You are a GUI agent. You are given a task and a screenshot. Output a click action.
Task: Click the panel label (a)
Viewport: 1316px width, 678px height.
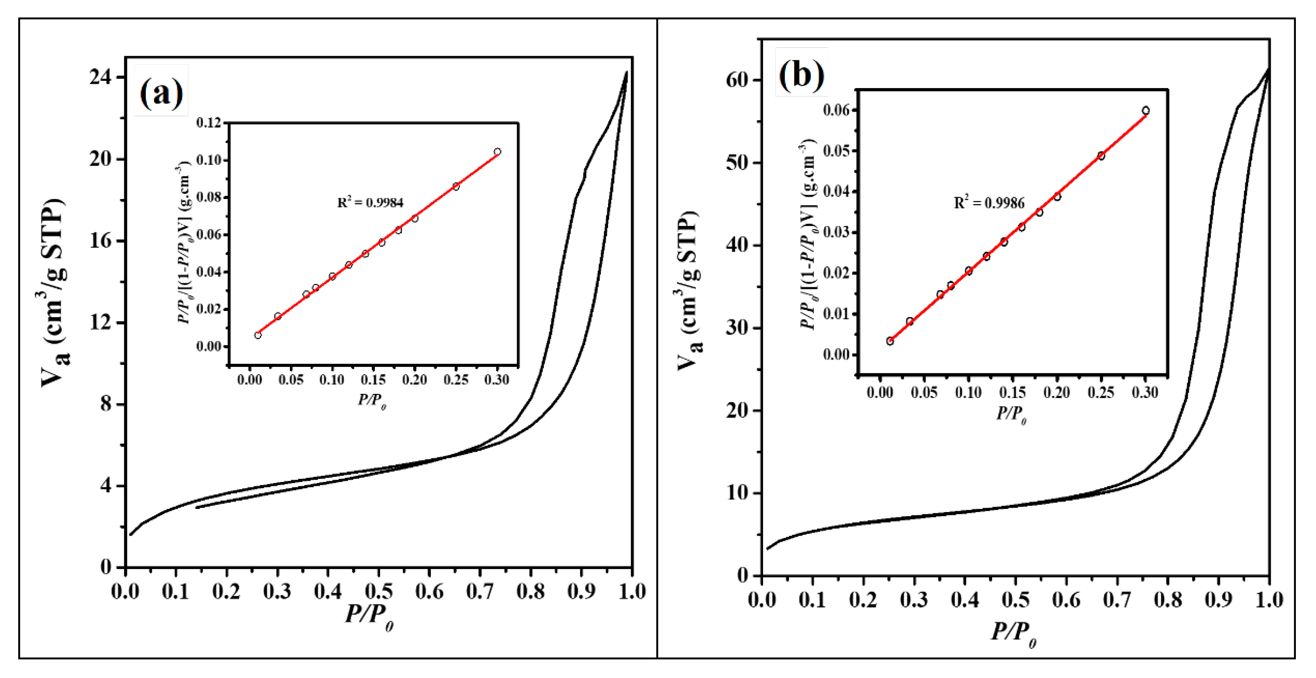tap(161, 92)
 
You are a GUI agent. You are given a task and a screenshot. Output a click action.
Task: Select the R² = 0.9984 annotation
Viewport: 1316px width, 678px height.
tap(370, 202)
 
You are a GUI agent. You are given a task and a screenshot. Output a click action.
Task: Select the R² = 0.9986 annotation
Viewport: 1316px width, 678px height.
tap(989, 202)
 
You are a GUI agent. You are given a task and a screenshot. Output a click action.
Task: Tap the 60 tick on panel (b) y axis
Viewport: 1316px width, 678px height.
tap(737, 80)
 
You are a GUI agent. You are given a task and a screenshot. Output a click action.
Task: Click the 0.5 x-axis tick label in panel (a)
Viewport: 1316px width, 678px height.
tap(379, 592)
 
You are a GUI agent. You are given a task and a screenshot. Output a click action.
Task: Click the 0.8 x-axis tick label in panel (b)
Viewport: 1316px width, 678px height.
tap(1168, 599)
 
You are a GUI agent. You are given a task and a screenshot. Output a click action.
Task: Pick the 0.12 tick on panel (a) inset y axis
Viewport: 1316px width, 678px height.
tap(209, 123)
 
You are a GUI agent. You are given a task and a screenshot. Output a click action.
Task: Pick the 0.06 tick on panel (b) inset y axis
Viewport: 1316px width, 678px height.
tap(836, 110)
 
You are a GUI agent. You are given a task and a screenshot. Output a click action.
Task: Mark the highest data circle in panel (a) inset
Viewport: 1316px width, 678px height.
tap(497, 152)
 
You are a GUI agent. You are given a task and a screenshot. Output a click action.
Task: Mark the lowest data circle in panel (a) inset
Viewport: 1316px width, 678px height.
tap(258, 335)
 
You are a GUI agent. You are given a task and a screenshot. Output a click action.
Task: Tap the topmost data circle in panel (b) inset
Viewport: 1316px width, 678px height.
tap(1145, 111)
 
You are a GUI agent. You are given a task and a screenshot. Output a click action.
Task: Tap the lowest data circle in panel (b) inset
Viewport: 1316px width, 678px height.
tap(890, 341)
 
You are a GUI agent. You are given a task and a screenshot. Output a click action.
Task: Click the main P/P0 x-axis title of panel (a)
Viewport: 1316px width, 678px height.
tap(369, 615)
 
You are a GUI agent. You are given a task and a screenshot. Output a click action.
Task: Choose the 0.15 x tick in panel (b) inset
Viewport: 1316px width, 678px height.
tap(1012, 392)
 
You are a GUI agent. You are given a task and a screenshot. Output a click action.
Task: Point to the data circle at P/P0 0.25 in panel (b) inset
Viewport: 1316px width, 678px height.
tap(1101, 156)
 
